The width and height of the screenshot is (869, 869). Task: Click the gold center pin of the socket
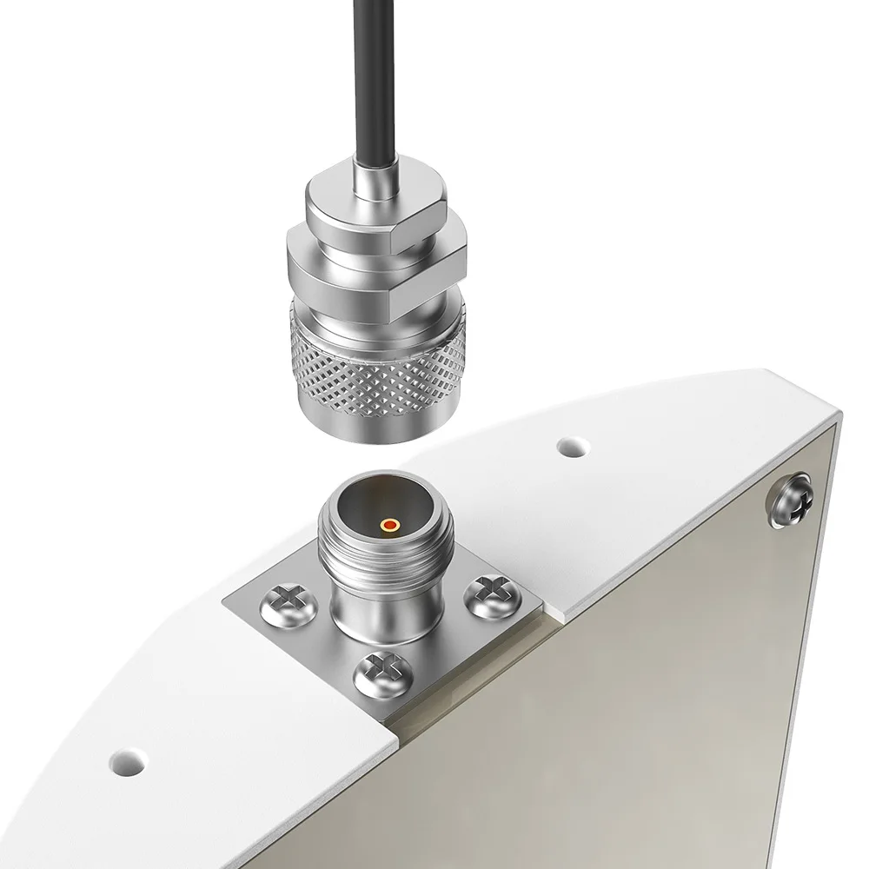390,525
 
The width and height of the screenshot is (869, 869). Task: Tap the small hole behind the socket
571,448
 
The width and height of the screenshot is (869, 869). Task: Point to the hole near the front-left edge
129,760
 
